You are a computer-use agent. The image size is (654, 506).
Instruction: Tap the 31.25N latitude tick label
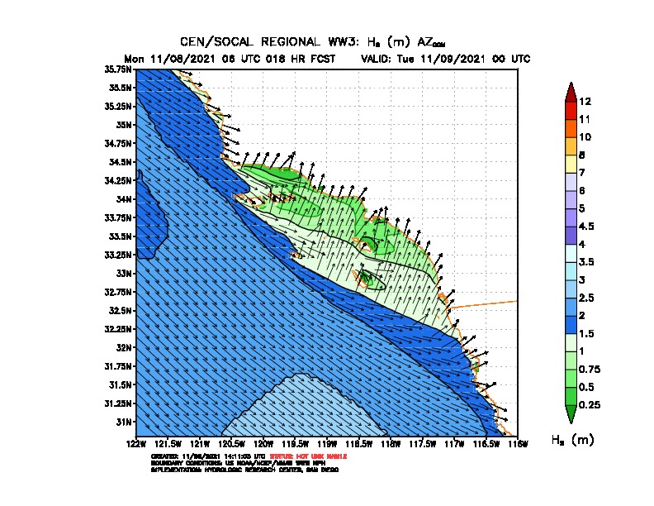point(121,403)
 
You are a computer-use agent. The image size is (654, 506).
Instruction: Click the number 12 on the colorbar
point(585,102)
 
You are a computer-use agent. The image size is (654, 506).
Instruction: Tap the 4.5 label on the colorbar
point(587,226)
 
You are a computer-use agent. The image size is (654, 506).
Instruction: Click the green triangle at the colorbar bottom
point(570,413)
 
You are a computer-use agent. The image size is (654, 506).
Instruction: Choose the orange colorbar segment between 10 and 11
point(570,128)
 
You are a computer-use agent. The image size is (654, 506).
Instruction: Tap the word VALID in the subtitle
point(380,59)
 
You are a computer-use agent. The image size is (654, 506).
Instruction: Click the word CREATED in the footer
point(165,456)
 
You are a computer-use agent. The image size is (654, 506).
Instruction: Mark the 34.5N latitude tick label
point(121,162)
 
